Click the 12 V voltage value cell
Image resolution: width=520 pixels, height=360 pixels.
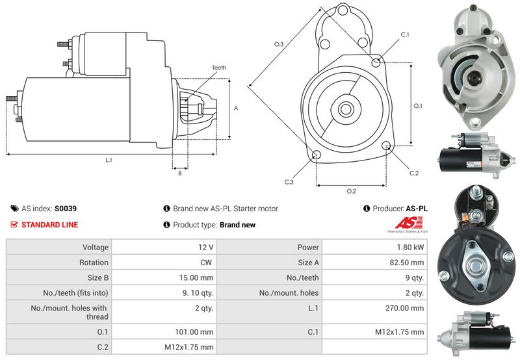pyautogui.click(x=206, y=248)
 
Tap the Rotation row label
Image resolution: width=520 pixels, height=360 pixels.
pyautogui.click(x=95, y=263)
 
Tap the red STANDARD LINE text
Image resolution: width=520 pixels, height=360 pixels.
pyautogui.click(x=50, y=225)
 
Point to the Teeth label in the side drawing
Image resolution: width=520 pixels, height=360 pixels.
pyautogui.click(x=219, y=68)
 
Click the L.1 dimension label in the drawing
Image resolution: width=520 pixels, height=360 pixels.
pyautogui.click(x=108, y=160)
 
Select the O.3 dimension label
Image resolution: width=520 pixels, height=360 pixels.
pyautogui.click(x=279, y=44)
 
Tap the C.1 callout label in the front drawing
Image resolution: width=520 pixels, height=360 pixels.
pyautogui.click(x=404, y=34)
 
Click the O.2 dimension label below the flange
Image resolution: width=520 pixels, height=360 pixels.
pyautogui.click(x=351, y=190)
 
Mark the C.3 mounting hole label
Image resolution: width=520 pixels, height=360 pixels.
pyautogui.click(x=288, y=182)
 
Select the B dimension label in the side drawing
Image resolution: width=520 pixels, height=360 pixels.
pyautogui.click(x=179, y=172)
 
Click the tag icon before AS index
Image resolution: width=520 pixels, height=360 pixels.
pyautogui.click(x=14, y=209)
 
